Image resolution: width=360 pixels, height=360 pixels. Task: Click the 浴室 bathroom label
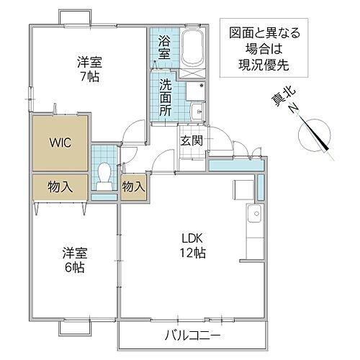pyautogui.click(x=163, y=46)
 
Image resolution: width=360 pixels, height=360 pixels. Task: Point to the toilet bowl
pyautogui.click(x=105, y=174)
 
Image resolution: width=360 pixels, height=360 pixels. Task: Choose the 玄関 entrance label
pyautogui.click(x=190, y=140)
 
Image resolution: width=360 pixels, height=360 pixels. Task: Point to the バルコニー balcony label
pyautogui.click(x=192, y=336)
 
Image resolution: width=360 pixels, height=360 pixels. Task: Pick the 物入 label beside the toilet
pyautogui.click(x=133, y=186)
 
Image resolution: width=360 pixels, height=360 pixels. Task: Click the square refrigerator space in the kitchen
pyautogui.click(x=242, y=189)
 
